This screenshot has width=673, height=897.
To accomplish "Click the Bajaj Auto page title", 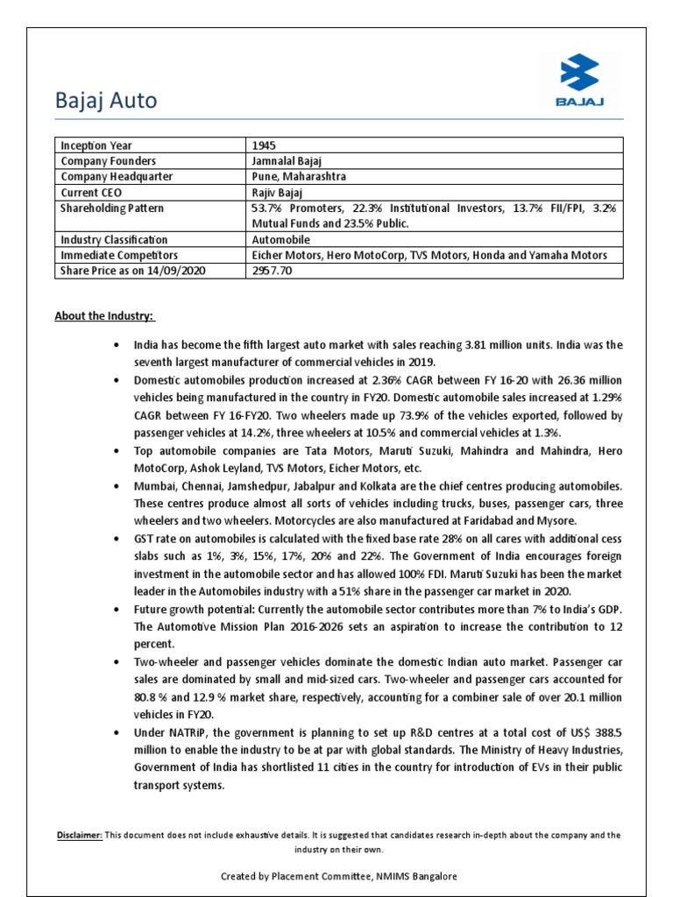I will pos(105,101).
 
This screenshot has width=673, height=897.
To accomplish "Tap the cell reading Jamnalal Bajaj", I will pos(288,161).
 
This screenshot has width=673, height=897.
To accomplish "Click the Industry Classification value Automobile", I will pos(280,239).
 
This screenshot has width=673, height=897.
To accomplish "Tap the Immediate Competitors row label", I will pos(117,255).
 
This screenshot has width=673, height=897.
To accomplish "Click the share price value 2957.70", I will pos(272,271).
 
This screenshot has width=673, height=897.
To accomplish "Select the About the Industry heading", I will pos(105,315).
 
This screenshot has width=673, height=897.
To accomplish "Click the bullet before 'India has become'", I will pos(116,346).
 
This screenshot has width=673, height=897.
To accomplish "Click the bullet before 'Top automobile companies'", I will pos(116,450).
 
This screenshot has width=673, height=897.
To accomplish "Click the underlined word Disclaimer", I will pos(78,835).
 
